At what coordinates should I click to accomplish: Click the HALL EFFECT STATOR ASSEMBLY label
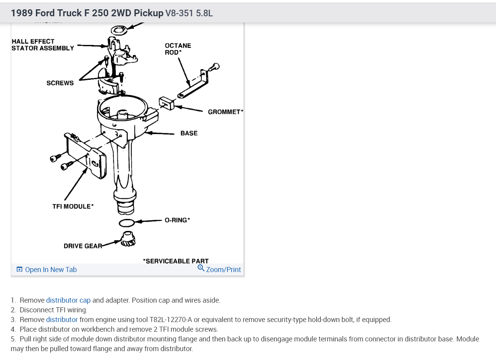43,45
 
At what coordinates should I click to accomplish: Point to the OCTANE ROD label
178,49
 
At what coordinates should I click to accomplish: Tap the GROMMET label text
225,112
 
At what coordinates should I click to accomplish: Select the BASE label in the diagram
189,133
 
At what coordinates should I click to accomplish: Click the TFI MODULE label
73,207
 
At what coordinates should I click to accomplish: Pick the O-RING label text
177,220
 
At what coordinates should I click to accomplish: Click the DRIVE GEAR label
83,246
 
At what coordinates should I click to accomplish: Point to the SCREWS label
60,83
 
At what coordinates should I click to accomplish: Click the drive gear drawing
128,239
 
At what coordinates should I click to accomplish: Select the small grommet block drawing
166,103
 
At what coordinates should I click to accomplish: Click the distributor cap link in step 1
68,300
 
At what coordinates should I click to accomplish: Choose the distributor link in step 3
62,320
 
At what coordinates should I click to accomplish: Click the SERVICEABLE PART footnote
176,261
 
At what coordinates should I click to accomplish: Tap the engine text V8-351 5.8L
189,13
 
